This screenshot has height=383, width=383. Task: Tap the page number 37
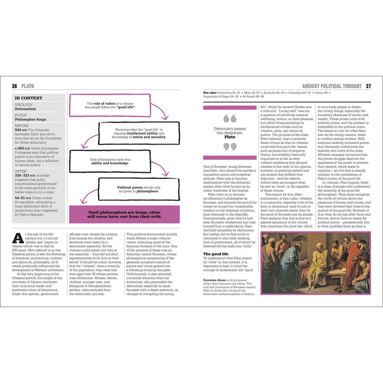368,86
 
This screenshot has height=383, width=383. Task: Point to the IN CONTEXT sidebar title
31,98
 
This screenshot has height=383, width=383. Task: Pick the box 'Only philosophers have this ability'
114,161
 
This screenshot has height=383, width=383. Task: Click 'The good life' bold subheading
216,254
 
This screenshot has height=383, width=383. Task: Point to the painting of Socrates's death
315,264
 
